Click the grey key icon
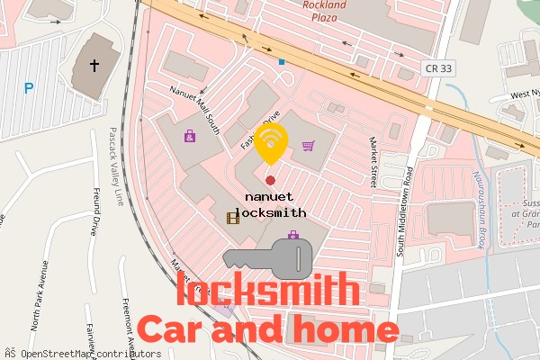(268, 258)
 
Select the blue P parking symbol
(30, 88)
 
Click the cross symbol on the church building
(94, 66)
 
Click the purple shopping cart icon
(308, 146)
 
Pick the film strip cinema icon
(233, 217)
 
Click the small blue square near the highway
(282, 62)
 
